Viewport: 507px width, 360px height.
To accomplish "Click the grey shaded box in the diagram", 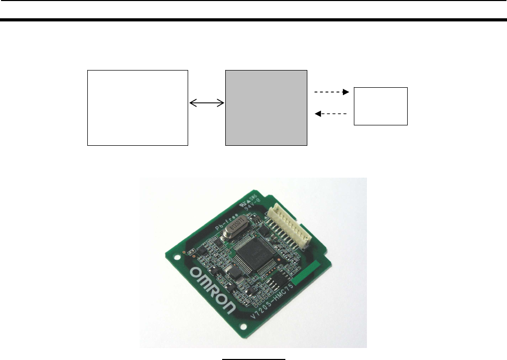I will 266,107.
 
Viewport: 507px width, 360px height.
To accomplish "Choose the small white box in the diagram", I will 381,106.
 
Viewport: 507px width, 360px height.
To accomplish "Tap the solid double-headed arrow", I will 206,104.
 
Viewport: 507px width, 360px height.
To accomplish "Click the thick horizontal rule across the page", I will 254,20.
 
